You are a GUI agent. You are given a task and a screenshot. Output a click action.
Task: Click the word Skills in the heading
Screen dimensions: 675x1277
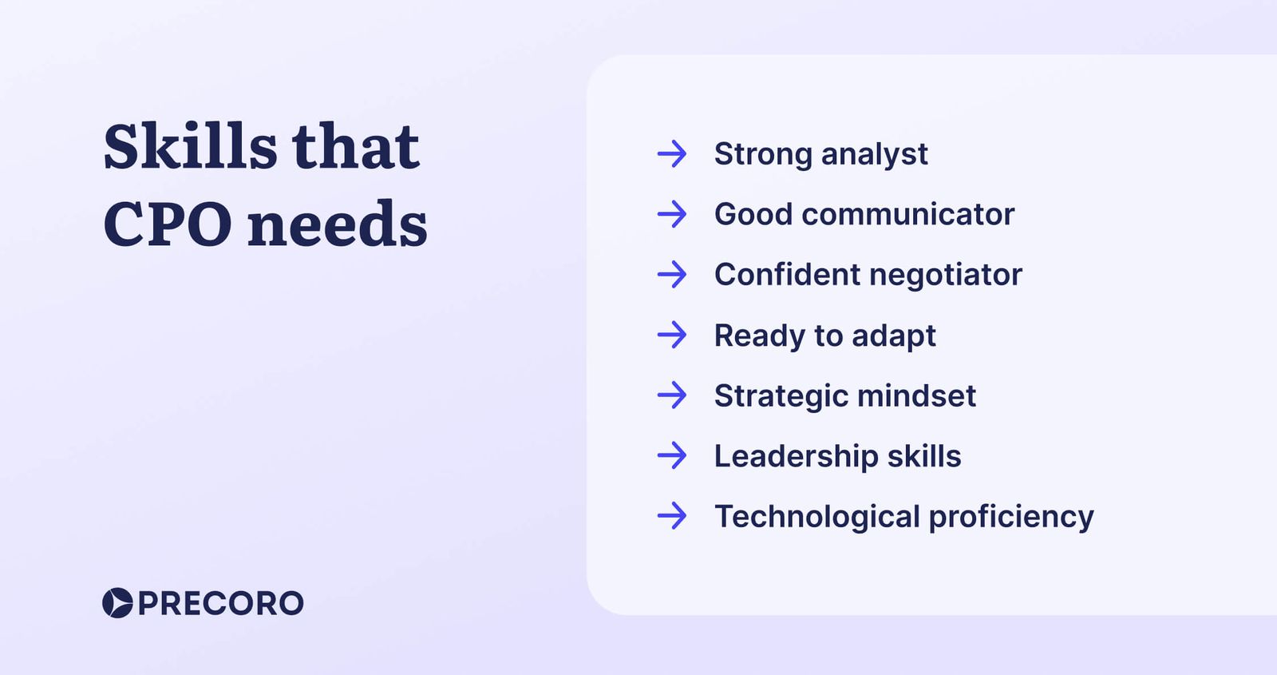click(x=190, y=147)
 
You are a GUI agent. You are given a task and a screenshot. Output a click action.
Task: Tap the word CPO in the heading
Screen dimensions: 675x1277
click(x=167, y=224)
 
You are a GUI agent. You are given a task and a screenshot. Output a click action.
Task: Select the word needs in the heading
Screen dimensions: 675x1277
click(x=337, y=224)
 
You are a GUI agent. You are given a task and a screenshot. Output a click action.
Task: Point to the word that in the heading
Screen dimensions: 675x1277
click(x=355, y=147)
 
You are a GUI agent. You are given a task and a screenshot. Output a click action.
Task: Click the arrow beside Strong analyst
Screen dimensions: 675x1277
click(x=672, y=153)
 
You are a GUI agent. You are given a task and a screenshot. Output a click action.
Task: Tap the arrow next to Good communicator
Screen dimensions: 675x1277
click(x=672, y=214)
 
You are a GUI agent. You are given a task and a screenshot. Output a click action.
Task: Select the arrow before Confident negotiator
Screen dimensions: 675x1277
click(x=672, y=275)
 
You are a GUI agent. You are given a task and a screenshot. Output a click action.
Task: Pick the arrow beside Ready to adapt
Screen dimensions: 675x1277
click(x=672, y=335)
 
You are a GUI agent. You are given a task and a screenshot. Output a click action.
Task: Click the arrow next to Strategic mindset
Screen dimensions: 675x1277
click(x=672, y=395)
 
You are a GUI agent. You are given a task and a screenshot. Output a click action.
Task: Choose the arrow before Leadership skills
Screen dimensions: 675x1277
click(x=672, y=455)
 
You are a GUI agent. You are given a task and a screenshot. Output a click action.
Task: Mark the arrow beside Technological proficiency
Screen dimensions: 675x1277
click(x=672, y=516)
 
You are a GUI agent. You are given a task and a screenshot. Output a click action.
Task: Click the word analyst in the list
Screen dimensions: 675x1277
click(x=874, y=154)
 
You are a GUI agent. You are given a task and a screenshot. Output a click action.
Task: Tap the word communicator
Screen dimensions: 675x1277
click(x=907, y=214)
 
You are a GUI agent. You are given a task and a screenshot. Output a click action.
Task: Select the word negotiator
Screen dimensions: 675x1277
click(x=945, y=275)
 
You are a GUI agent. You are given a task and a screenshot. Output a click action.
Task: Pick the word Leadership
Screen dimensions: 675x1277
click(x=796, y=456)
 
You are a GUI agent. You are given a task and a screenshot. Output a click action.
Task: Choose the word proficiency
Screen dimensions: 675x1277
click(x=1010, y=517)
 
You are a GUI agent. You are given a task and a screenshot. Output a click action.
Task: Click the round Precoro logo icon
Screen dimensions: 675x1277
click(x=117, y=603)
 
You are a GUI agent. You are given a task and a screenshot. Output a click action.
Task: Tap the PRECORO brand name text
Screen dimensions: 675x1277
click(x=220, y=603)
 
